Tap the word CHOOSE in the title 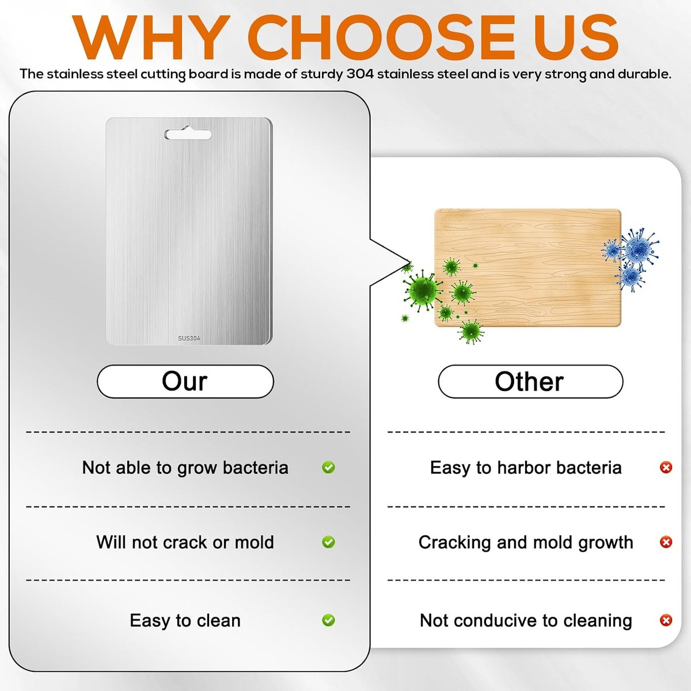pos(382,37)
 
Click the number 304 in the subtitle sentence pos(360,74)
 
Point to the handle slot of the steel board pos(188,135)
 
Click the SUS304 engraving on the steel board pos(189,338)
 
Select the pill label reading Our pos(185,381)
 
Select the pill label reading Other pos(530,381)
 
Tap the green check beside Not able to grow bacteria pos(328,467)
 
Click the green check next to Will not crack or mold pos(328,542)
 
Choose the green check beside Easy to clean pos(328,620)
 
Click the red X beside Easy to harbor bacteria pos(666,467)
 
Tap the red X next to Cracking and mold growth pos(666,542)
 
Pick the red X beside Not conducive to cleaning pos(666,620)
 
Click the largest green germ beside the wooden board pos(423,290)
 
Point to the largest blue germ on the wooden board pos(640,247)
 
